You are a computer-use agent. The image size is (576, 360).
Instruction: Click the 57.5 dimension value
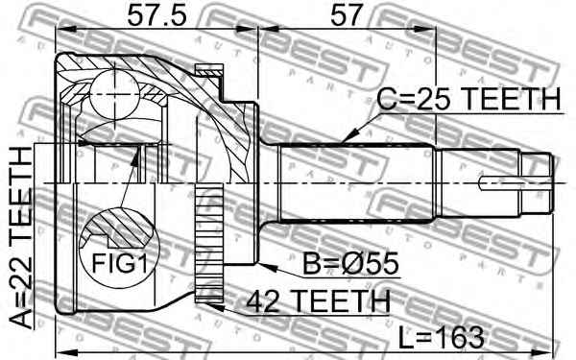tap(156, 15)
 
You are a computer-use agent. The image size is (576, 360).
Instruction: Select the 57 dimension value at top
tap(347, 15)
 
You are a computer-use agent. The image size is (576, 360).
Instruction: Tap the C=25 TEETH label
tap(469, 99)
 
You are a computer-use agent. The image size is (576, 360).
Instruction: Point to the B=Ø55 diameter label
tap(350, 263)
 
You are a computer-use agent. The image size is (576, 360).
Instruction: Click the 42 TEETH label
tap(318, 301)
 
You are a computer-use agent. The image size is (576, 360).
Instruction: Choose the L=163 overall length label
tap(442, 338)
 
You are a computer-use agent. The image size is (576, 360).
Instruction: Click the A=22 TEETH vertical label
tap(20, 237)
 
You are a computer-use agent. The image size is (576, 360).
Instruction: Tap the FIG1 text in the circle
tap(120, 263)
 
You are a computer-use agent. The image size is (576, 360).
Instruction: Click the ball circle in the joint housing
tap(114, 94)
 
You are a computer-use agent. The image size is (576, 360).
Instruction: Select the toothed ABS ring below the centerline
tap(209, 244)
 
